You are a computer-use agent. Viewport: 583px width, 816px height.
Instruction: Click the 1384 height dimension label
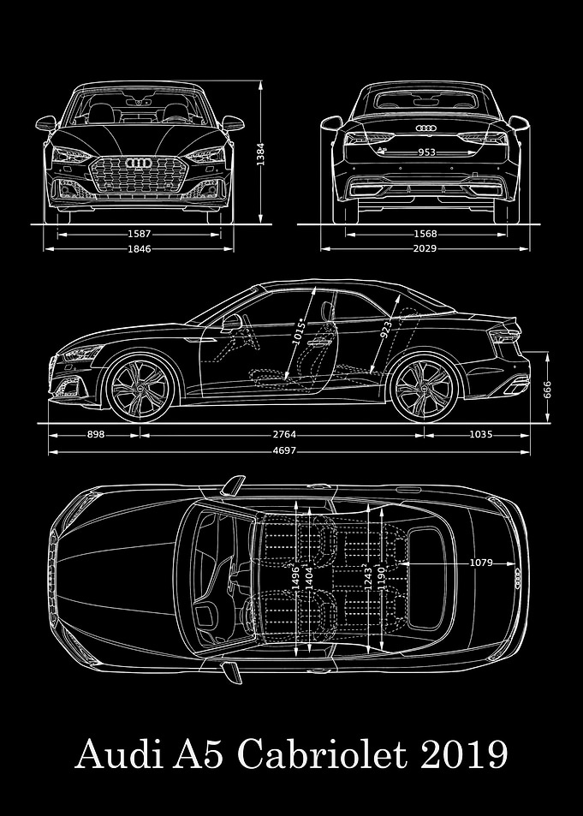261,155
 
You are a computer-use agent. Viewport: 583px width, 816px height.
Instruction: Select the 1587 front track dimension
140,235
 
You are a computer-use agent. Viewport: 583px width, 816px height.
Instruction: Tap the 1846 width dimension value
140,249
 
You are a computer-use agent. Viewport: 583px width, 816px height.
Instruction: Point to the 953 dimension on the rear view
427,152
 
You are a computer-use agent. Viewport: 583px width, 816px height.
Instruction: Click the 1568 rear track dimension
425,235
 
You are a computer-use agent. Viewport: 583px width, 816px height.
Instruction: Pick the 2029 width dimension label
425,249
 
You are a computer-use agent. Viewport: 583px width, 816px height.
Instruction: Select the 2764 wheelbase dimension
284,434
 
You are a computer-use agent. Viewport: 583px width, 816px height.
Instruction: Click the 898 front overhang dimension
96,434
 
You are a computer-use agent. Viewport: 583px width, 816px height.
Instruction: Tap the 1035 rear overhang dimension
480,434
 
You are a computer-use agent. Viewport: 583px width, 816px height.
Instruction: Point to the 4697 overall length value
284,450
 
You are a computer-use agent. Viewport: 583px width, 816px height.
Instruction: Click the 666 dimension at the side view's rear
547,388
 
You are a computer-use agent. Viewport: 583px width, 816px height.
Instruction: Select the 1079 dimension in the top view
481,563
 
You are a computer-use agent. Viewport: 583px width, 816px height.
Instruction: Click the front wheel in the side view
140,388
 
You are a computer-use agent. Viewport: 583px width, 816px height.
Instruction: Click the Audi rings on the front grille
139,164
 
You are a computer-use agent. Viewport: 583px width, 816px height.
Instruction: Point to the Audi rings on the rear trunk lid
425,128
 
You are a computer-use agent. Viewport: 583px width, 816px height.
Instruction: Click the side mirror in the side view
231,322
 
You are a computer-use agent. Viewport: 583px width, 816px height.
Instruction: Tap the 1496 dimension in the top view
295,576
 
